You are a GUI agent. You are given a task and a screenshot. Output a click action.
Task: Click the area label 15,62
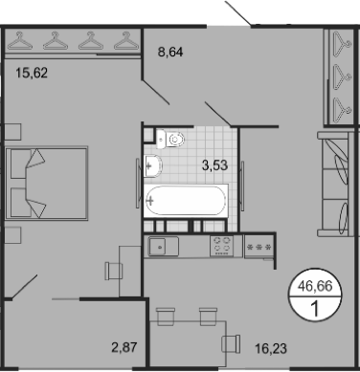[x=31, y=70]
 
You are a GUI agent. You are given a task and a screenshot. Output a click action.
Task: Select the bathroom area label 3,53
[x=214, y=165]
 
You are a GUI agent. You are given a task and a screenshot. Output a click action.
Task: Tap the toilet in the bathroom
[x=173, y=140]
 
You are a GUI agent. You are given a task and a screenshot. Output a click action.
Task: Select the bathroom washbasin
[x=154, y=167]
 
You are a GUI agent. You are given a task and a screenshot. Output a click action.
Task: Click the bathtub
[x=187, y=200]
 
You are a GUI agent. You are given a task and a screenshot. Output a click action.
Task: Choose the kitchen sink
[x=160, y=247]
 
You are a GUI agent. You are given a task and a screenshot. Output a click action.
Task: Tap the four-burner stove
[x=223, y=246]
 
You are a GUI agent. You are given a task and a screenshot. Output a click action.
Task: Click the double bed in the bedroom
[x=45, y=183]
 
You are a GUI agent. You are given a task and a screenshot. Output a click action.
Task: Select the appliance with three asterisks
[x=259, y=247]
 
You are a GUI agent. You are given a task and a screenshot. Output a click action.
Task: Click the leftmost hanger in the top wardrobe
[x=24, y=42]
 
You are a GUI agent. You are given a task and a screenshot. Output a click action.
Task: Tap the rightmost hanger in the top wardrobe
[x=124, y=42]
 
